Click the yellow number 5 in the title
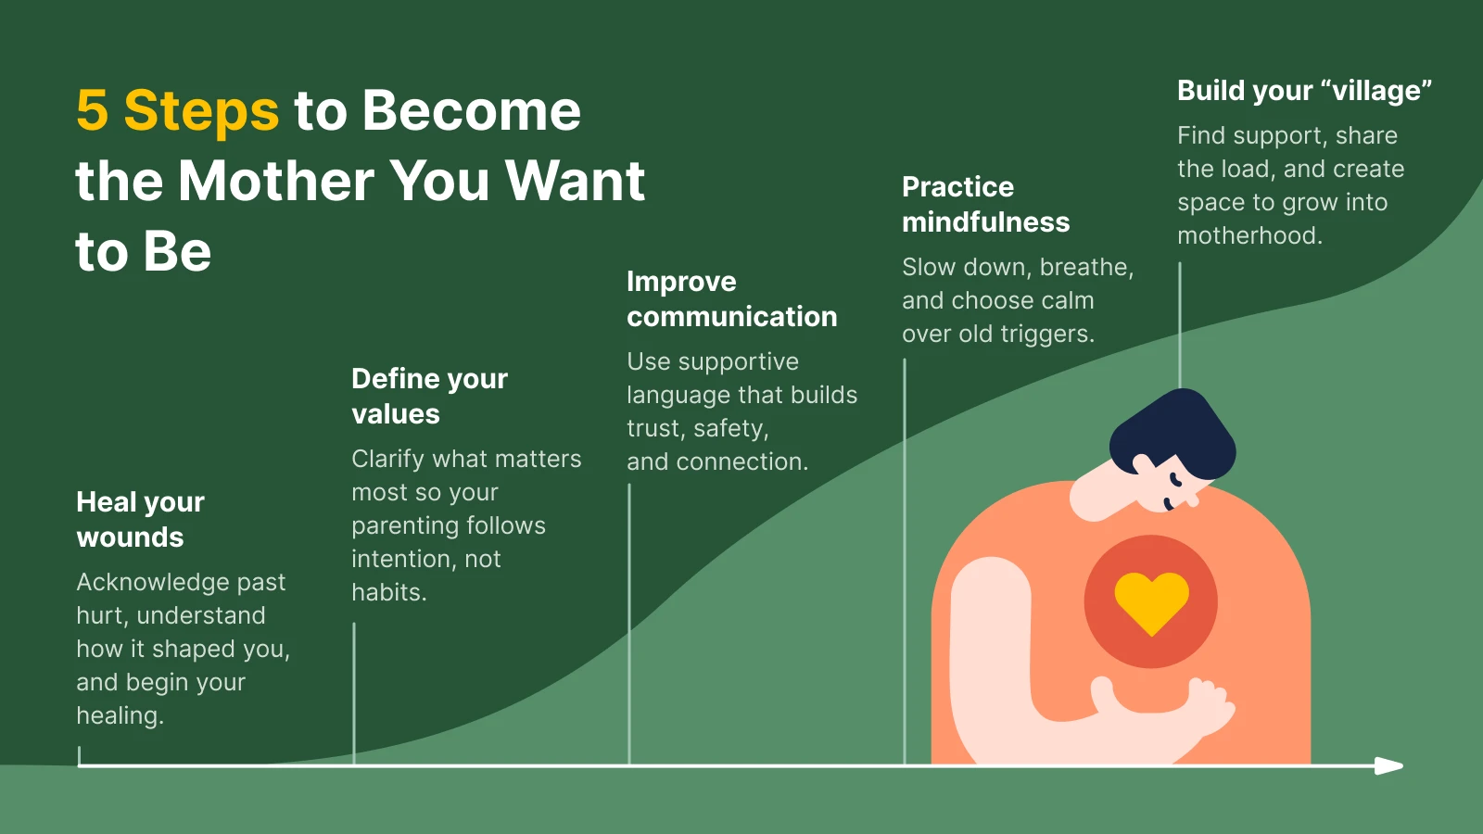click(x=92, y=110)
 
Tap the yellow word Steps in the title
click(x=201, y=110)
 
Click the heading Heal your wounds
click(x=140, y=519)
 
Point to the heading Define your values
click(x=429, y=396)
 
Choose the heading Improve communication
click(x=731, y=298)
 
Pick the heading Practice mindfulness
click(x=985, y=204)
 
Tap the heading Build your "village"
click(x=1304, y=91)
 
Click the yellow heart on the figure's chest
click(x=1151, y=600)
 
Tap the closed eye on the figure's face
click(x=1175, y=480)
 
